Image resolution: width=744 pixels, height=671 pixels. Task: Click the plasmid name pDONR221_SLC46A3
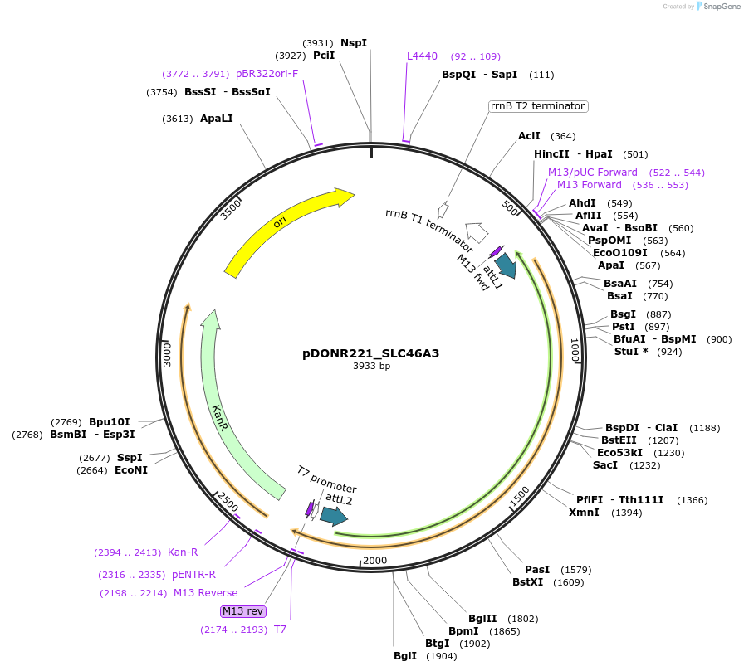[x=370, y=353]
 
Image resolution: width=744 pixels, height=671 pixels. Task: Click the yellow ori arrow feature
[x=282, y=227]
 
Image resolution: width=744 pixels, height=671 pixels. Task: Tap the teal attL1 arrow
[x=504, y=265]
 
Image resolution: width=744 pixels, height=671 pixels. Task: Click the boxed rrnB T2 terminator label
[x=537, y=106]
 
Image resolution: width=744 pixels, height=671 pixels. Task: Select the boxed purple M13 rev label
[x=243, y=611]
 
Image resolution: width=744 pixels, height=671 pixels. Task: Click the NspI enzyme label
[x=353, y=43]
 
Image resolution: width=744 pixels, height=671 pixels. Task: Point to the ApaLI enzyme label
[x=217, y=119]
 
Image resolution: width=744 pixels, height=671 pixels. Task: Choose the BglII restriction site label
[x=482, y=618]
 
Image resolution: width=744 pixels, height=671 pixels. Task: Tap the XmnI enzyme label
[x=584, y=513]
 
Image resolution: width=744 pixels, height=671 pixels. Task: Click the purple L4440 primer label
[x=422, y=56]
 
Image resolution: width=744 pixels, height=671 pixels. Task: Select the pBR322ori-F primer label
[x=267, y=74]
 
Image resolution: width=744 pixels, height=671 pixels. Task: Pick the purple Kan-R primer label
[x=183, y=552]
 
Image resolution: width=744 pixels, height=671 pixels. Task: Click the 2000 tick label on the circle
[x=375, y=560]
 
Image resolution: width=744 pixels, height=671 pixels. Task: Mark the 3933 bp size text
[x=371, y=367]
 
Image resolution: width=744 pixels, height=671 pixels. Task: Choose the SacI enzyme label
[x=604, y=465]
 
